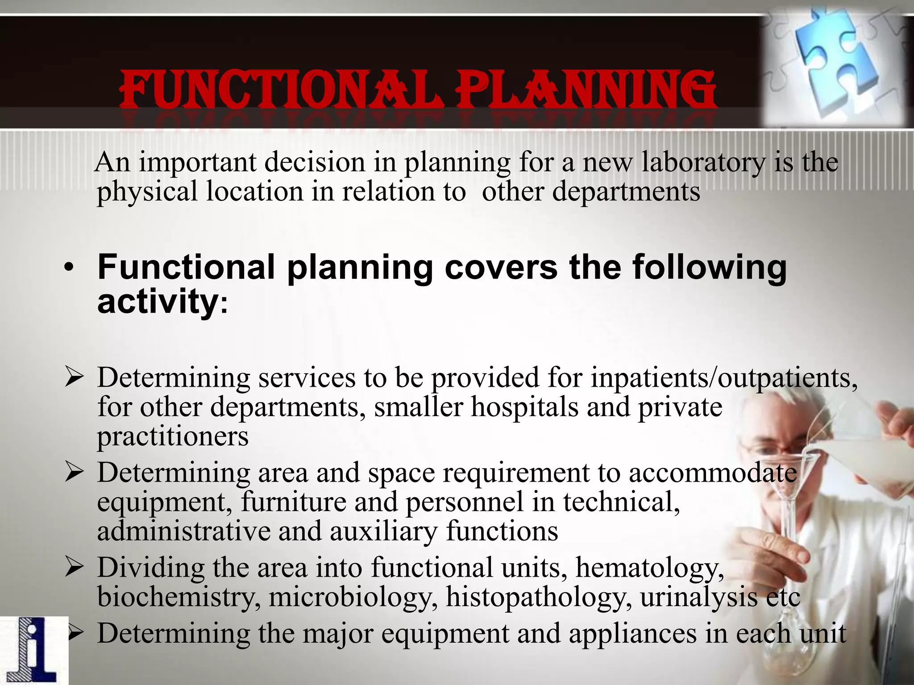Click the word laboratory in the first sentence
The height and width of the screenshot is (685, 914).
tap(702, 162)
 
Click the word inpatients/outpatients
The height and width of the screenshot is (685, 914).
tap(723, 378)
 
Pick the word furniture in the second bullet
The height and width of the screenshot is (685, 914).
tap(293, 502)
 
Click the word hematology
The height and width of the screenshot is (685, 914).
tap(649, 569)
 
